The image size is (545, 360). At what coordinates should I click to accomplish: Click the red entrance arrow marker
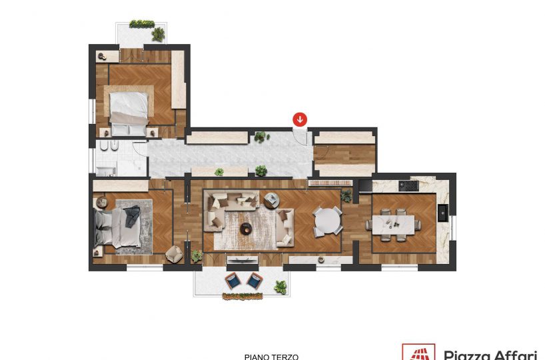coord(300,119)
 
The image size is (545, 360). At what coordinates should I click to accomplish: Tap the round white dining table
coord(327,222)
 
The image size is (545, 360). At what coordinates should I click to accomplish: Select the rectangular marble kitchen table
coord(393,225)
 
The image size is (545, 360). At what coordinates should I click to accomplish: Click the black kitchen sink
coord(443,213)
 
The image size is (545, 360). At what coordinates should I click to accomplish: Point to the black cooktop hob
coord(408,186)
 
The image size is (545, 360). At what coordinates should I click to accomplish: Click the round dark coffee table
coord(246,228)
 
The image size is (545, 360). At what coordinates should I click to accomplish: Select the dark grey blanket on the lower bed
coord(132,215)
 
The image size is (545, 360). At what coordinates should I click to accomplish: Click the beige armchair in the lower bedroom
coord(174,254)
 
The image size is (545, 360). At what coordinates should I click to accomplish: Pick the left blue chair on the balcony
coord(233,281)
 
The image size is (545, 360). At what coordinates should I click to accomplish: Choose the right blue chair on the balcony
coord(255,281)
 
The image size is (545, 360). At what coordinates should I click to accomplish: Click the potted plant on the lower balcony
coord(280,287)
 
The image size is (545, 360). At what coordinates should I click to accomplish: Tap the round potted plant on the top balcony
coord(158,34)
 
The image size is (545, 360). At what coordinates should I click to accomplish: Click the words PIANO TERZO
coord(271,357)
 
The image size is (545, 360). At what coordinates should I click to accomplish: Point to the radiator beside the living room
coord(330,183)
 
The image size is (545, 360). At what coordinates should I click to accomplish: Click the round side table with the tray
coord(271,201)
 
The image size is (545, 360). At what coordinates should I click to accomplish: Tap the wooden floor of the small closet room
coord(344,155)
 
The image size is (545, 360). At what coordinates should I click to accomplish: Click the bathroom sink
coord(106,171)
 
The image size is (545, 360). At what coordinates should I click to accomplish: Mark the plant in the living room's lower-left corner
coord(197,255)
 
